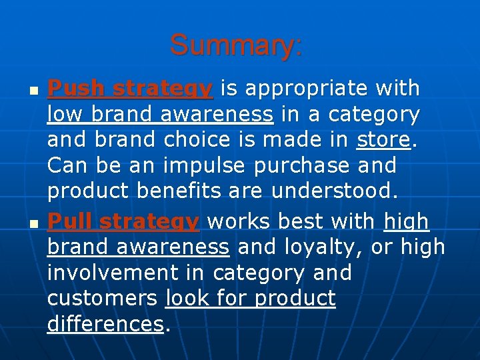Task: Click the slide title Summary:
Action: pyautogui.click(x=237, y=45)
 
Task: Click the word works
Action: pyautogui.click(x=242, y=221)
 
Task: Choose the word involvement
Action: pyautogui.click(x=127, y=273)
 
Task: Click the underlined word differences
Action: pyautogui.click(x=105, y=325)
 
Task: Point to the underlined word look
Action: pyautogui.click(x=187, y=299)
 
